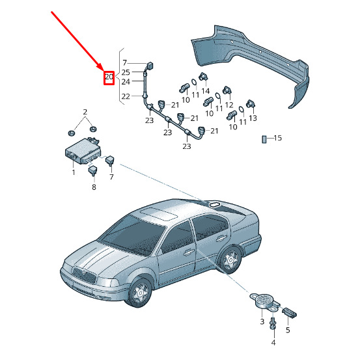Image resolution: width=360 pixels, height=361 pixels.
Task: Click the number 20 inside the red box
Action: [109, 76]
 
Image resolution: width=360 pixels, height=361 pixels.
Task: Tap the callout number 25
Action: [126, 72]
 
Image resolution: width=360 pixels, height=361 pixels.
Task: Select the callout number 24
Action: [126, 82]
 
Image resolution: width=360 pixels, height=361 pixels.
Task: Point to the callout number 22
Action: [126, 96]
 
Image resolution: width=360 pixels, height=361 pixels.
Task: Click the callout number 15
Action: [278, 138]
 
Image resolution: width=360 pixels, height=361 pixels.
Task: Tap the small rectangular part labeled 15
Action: [264, 139]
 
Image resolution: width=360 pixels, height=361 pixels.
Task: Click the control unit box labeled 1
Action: [83, 150]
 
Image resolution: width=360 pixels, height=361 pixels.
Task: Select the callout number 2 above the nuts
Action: [85, 112]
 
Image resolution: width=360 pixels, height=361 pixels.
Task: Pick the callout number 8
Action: [94, 187]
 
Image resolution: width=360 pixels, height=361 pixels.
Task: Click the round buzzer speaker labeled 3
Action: [264, 300]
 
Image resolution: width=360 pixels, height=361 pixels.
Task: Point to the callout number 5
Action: [288, 330]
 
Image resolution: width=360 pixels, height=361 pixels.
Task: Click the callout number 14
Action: [205, 91]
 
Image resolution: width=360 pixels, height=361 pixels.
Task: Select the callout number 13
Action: [253, 118]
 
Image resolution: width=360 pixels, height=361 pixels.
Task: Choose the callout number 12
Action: [229, 105]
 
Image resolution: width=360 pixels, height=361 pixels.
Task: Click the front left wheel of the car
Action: [139, 292]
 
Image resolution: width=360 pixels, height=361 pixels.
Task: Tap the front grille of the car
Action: [84, 275]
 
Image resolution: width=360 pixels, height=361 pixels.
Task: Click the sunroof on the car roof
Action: [159, 214]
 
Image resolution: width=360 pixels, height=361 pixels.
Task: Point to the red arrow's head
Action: [102, 68]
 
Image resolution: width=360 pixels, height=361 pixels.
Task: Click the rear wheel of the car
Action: [230, 260]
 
